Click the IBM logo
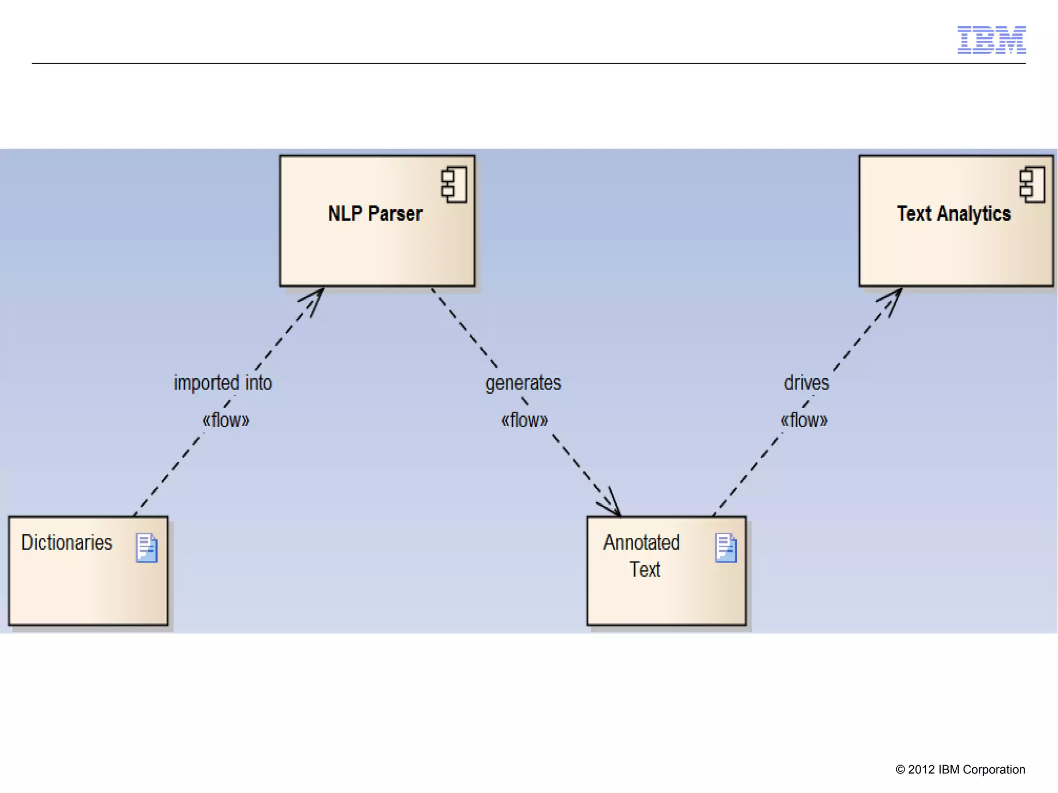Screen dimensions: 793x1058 (x=991, y=40)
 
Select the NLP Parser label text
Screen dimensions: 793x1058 (x=375, y=213)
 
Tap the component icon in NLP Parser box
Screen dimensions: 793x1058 (x=454, y=184)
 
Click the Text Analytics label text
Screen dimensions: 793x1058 (x=953, y=213)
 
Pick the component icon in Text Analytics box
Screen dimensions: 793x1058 (x=1032, y=184)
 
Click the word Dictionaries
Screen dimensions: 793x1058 (x=67, y=542)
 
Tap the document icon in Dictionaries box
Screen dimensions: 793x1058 (x=146, y=548)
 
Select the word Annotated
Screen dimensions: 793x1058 (x=641, y=542)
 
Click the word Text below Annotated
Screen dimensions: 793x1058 (x=645, y=569)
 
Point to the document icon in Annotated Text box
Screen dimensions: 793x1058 (x=726, y=548)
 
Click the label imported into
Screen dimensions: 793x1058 (x=223, y=383)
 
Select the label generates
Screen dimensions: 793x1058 (x=523, y=383)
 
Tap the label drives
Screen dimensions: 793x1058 (x=806, y=383)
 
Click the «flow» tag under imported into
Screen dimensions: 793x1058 (x=226, y=420)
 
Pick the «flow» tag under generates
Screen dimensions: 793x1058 (x=524, y=420)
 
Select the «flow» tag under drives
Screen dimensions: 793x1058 (x=804, y=420)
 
